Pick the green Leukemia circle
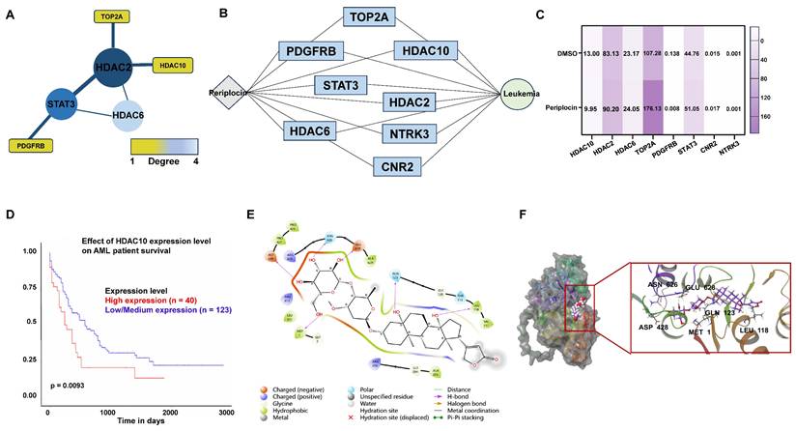click(x=522, y=94)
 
